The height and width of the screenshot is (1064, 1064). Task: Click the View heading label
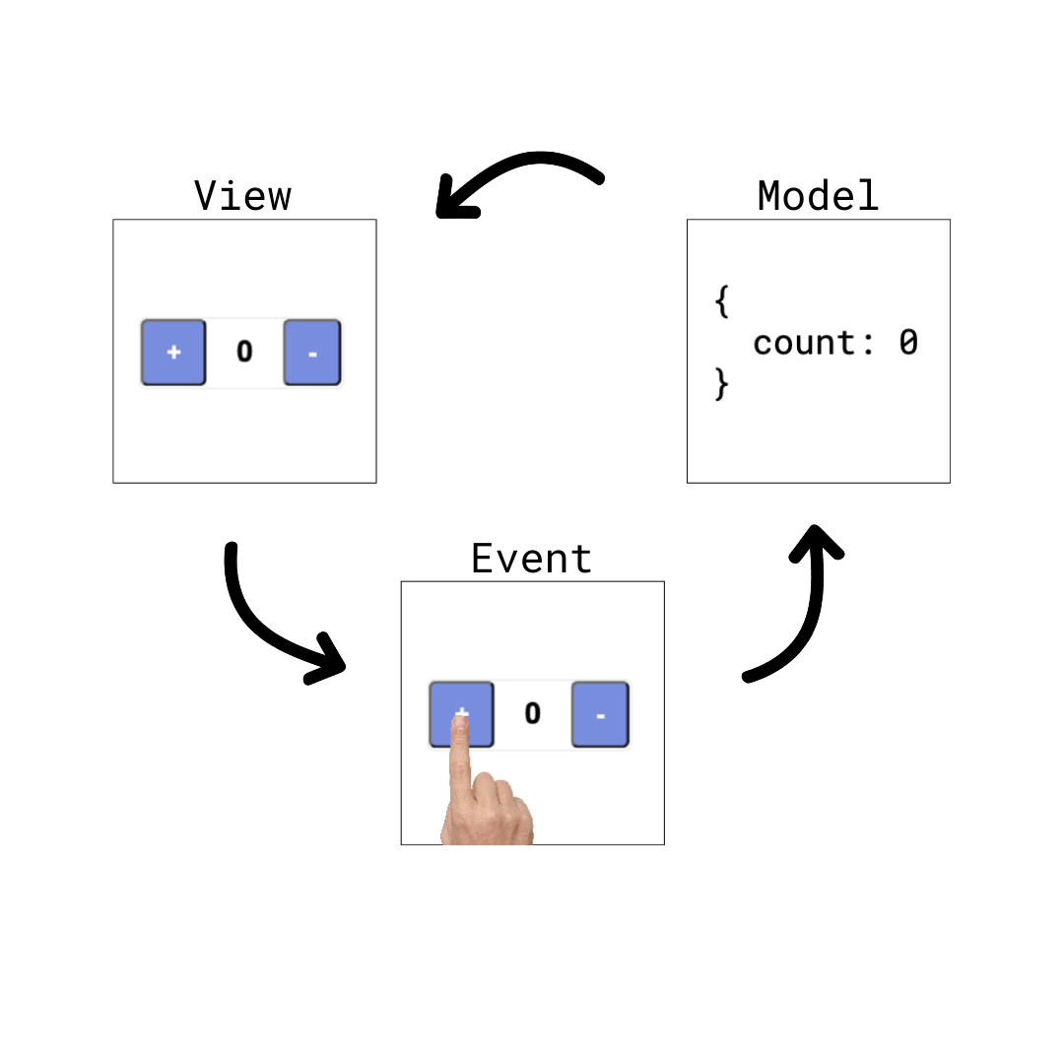point(242,196)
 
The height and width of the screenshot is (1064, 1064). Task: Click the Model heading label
point(818,196)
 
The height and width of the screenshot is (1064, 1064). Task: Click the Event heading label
point(532,559)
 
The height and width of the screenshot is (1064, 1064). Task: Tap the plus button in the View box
point(173,352)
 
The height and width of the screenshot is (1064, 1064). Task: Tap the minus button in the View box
point(312,352)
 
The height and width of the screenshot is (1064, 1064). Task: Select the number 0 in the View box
point(244,352)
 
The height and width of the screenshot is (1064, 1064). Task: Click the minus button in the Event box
point(600,714)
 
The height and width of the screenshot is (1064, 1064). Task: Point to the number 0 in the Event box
point(532,713)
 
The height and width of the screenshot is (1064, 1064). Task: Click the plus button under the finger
point(461,702)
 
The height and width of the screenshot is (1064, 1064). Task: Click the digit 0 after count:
point(907,343)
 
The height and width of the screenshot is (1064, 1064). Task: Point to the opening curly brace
point(721,301)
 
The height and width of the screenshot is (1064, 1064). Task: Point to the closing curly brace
point(721,384)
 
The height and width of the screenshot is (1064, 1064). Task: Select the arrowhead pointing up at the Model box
point(817,541)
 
